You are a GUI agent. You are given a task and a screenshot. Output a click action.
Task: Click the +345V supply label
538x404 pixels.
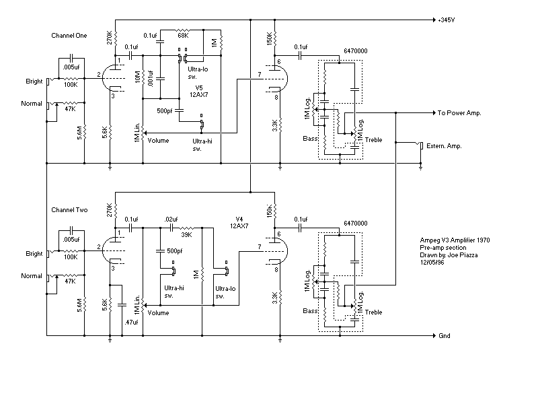[x=447, y=20]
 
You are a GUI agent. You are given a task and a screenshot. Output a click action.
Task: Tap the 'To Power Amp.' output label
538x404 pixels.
[x=459, y=112]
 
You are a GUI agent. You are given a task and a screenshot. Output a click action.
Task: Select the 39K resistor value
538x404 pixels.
[x=187, y=235]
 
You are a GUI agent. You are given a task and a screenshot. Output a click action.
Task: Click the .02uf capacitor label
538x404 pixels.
[x=171, y=220]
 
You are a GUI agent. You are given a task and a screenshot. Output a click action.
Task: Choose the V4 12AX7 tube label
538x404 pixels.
[x=239, y=222]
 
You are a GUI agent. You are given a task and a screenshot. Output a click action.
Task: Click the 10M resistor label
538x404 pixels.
[x=138, y=77]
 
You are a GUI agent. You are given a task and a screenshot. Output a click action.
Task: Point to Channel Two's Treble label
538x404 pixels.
[x=374, y=312]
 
